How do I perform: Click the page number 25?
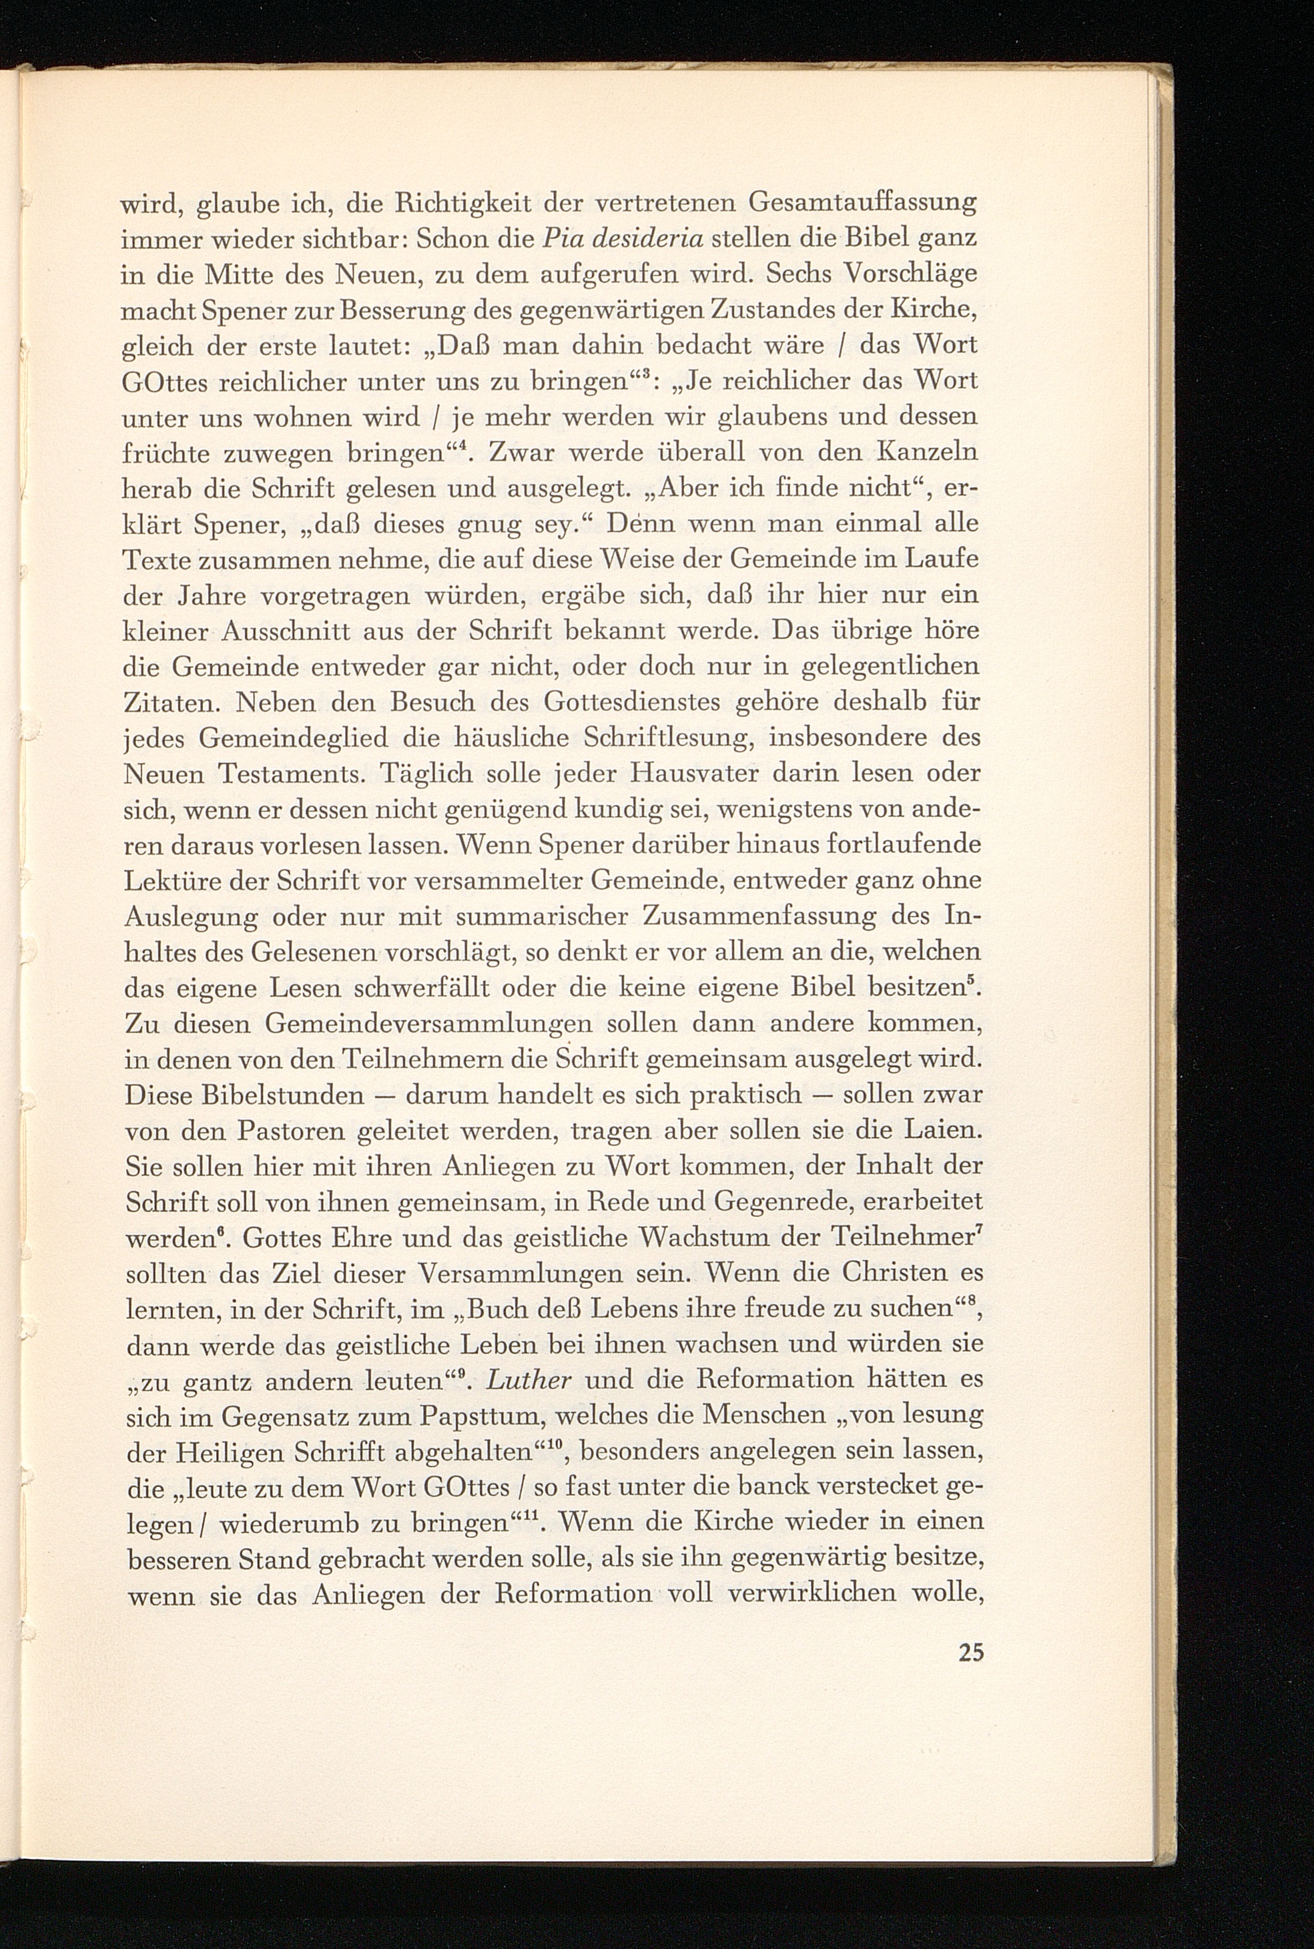click(970, 1653)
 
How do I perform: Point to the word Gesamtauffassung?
click(863, 203)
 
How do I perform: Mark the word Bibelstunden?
click(245, 1095)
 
